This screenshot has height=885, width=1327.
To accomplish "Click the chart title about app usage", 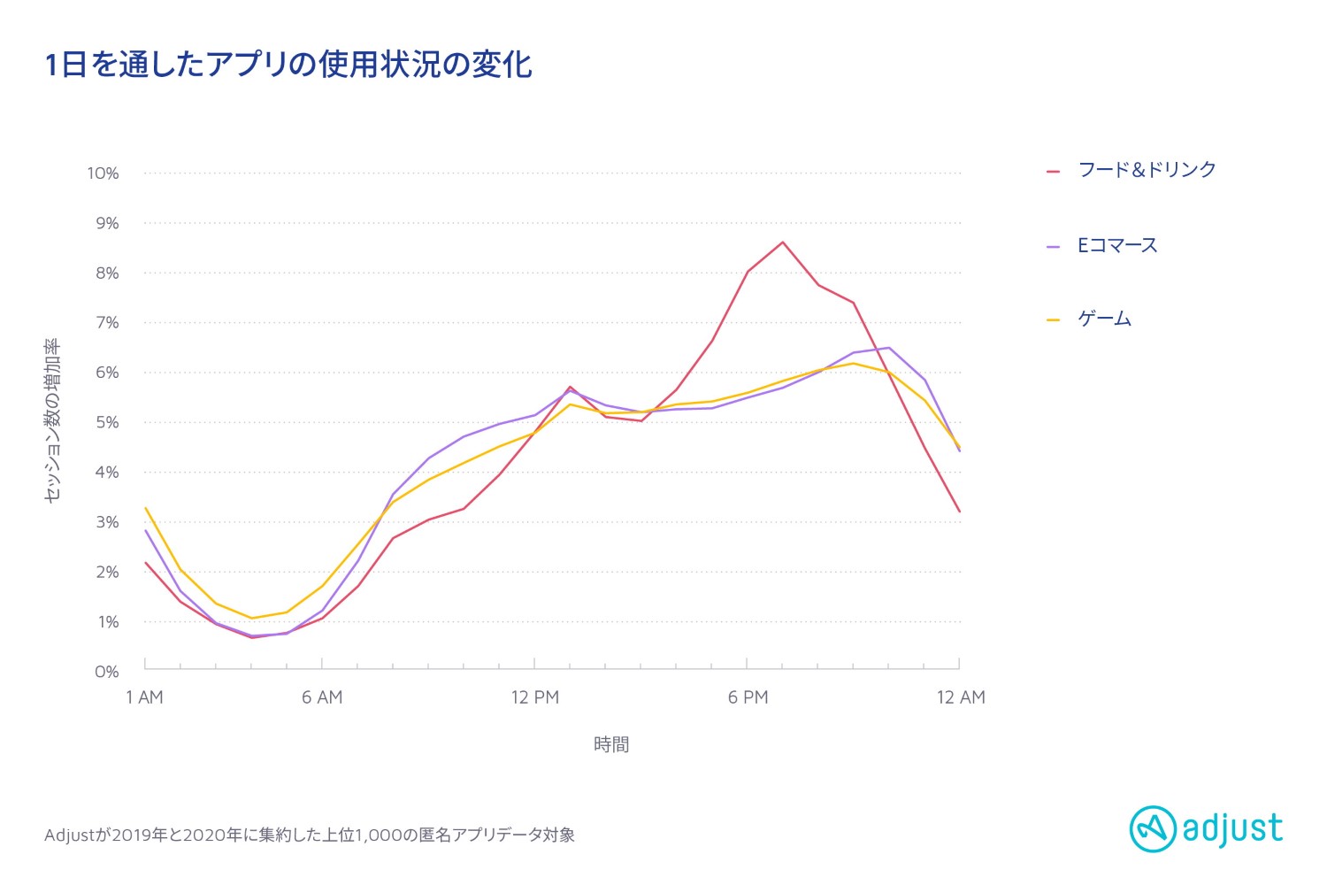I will (288, 65).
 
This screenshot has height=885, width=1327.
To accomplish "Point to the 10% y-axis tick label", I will (103, 173).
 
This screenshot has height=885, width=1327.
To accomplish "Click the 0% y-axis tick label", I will (106, 672).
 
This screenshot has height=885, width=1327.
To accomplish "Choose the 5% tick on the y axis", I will (106, 422).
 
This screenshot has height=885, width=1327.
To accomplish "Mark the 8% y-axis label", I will (106, 273).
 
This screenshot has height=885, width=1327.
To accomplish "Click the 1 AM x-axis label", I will (144, 697).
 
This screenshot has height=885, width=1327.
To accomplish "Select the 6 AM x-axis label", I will (322, 697).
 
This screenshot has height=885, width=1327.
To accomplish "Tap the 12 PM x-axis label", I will (535, 697).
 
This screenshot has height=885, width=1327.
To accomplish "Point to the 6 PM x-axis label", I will (748, 697).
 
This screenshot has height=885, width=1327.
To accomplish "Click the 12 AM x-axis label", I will (961, 697).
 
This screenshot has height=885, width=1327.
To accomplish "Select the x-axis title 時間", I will (611, 744).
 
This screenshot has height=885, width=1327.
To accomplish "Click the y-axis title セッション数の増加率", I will (52, 420).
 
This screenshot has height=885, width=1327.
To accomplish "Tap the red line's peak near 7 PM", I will (783, 242).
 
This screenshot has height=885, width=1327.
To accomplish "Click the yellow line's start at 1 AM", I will (145, 508).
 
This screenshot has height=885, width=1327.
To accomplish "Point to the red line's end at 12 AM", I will (960, 512).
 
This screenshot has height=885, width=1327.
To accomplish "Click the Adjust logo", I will (1206, 829).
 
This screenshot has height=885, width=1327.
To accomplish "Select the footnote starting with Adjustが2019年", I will (310, 835).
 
